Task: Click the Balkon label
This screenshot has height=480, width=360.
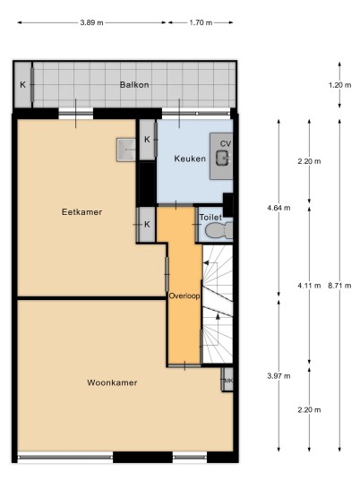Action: coord(134,85)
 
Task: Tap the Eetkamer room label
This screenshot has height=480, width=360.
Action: coord(81,212)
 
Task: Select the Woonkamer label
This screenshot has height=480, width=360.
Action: coord(112,382)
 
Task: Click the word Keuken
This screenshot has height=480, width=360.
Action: coord(190,159)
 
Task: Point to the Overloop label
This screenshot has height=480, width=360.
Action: coord(184,296)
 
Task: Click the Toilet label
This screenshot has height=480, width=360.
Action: coord(210,218)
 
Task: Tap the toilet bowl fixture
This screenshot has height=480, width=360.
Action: coord(219,230)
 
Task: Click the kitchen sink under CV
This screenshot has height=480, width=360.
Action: coord(223,158)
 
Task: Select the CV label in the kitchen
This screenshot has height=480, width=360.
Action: coord(226,143)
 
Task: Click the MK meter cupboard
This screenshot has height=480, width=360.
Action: coord(227,380)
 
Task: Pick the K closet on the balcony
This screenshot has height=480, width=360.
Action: coord(23,85)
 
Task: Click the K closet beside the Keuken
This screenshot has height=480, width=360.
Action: coord(147,140)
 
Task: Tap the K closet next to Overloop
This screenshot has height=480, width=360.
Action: coord(147,225)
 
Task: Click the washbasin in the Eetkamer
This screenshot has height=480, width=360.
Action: coord(125,150)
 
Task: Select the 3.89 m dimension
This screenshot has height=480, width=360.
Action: coord(92,22)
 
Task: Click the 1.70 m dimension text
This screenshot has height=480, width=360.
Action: coord(201,22)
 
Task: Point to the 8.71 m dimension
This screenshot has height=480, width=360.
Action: coord(339,286)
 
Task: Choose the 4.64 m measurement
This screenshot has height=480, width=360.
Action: coord(279,208)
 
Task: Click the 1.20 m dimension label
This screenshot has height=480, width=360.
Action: coord(339,85)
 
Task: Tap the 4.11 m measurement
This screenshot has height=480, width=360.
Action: coord(309,286)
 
